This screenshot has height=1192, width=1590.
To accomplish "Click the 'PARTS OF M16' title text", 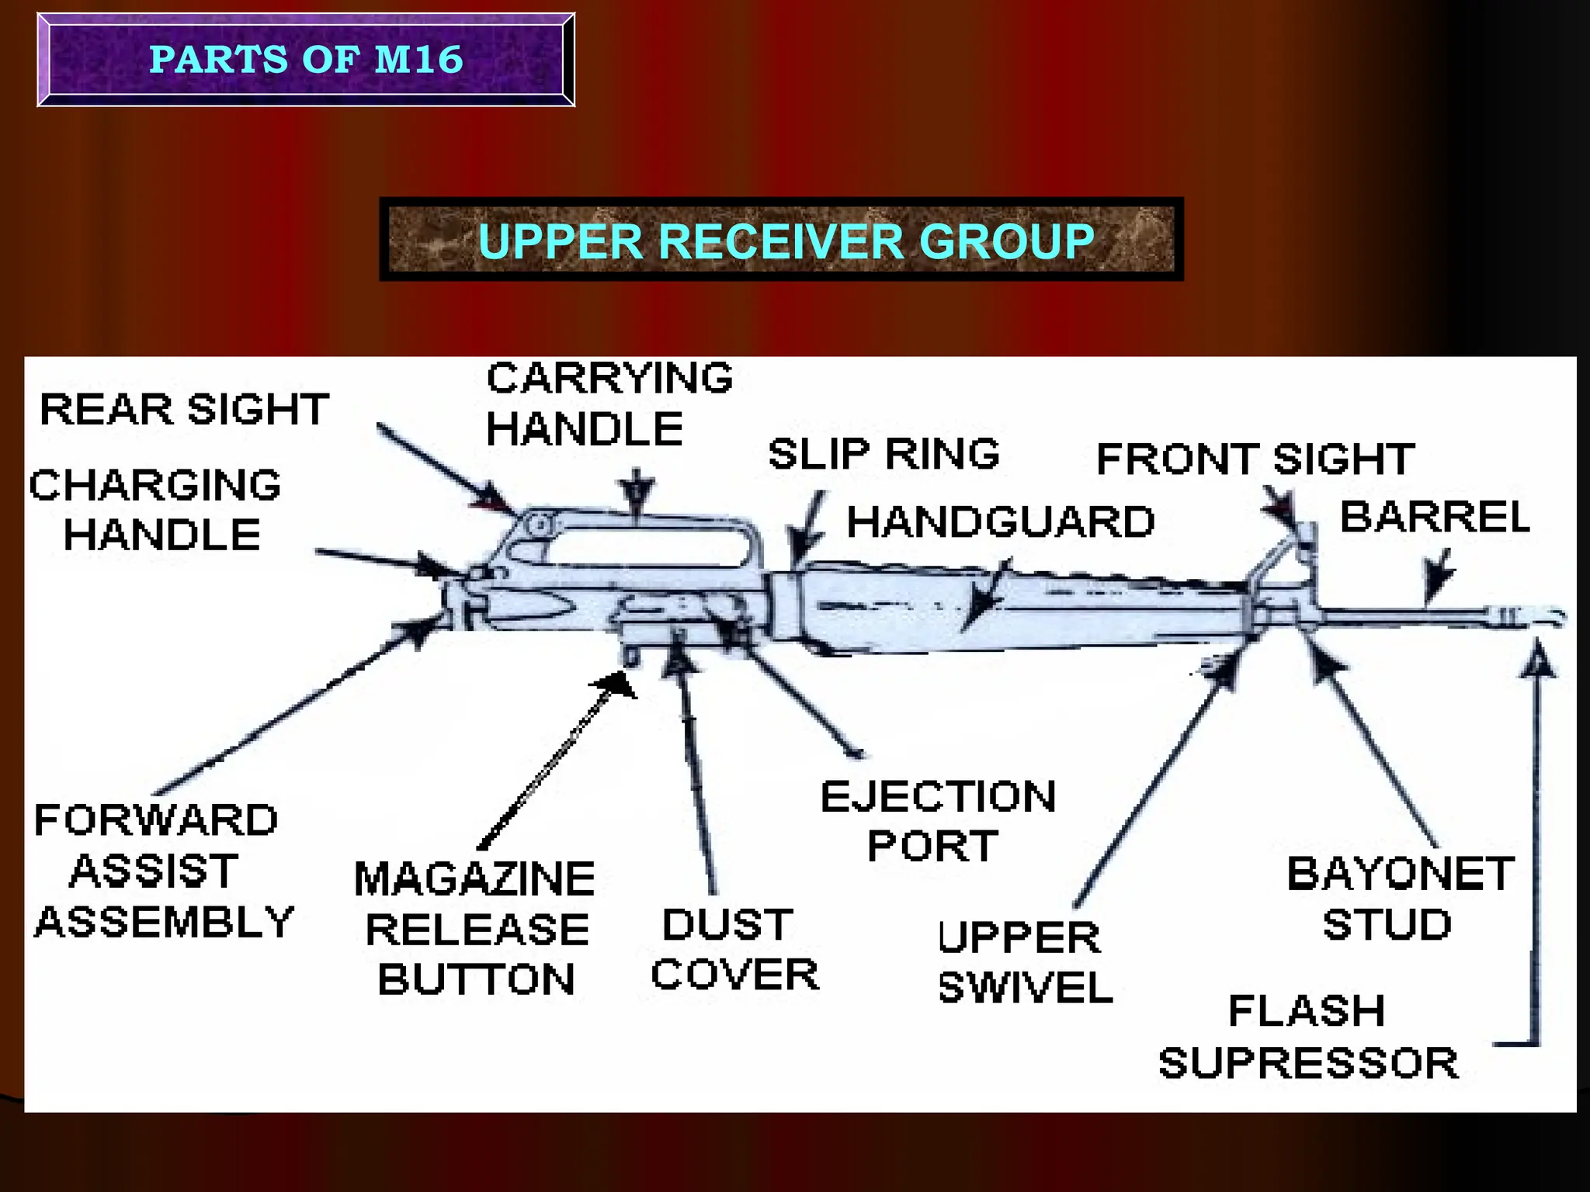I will pos(306,60).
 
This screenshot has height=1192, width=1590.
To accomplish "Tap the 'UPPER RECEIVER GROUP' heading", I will pos(786,241).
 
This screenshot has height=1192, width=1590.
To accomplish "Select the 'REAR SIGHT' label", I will pos(185,409).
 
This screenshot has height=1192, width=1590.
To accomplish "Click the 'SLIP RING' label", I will pos(884,454).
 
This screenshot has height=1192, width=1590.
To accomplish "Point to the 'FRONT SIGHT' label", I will pos(1255,459).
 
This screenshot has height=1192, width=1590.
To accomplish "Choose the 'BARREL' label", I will pos(1435,517).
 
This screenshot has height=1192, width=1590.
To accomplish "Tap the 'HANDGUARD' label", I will pos(1000,521).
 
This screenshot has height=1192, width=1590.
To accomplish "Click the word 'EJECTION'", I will pos(938,797).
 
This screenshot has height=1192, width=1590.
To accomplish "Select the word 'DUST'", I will pos(727,924).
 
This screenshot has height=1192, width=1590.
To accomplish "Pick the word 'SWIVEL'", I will pos(1025,988).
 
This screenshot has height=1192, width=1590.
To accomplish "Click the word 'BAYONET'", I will pos(1401,874).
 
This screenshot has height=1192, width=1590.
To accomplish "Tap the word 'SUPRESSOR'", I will pos(1308,1063).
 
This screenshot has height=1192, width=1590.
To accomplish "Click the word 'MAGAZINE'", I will pos(474,878).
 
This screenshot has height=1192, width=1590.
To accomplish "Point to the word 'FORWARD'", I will pos(156,820).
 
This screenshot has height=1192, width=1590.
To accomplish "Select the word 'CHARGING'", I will pos(155,485).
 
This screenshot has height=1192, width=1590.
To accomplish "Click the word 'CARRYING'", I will pos(609,378).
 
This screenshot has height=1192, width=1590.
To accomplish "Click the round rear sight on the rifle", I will pos(538,525).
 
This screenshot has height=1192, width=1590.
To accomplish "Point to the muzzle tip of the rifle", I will pos(1560,617).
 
